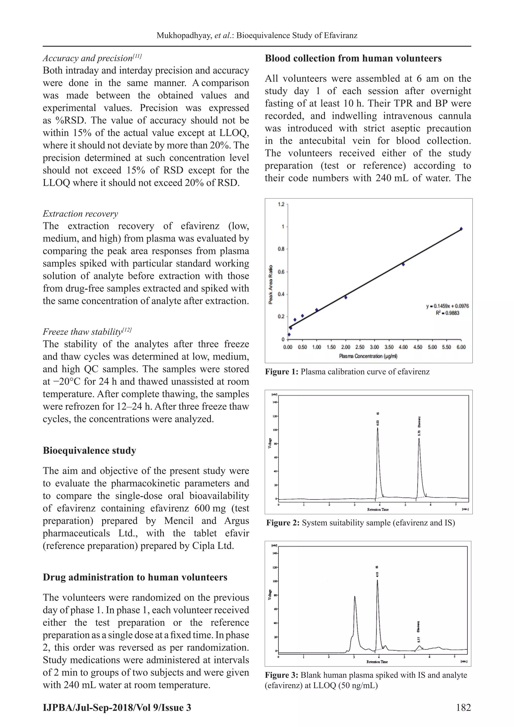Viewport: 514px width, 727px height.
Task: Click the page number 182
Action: click(x=463, y=707)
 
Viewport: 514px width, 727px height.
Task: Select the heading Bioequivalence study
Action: click(x=89, y=451)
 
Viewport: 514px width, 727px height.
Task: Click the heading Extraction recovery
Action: click(x=80, y=214)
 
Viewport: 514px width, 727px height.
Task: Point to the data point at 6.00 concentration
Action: click(x=461, y=229)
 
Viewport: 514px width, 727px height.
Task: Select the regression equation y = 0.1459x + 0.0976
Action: click(x=447, y=306)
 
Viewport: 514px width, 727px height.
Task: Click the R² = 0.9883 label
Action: click(x=447, y=313)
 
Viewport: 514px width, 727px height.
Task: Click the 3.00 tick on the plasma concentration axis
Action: click(x=374, y=347)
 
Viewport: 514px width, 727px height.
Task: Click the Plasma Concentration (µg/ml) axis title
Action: click(x=368, y=356)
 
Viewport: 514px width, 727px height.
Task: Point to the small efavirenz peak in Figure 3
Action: click(x=419, y=646)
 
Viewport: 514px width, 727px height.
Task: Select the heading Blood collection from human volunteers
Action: click(x=353, y=58)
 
